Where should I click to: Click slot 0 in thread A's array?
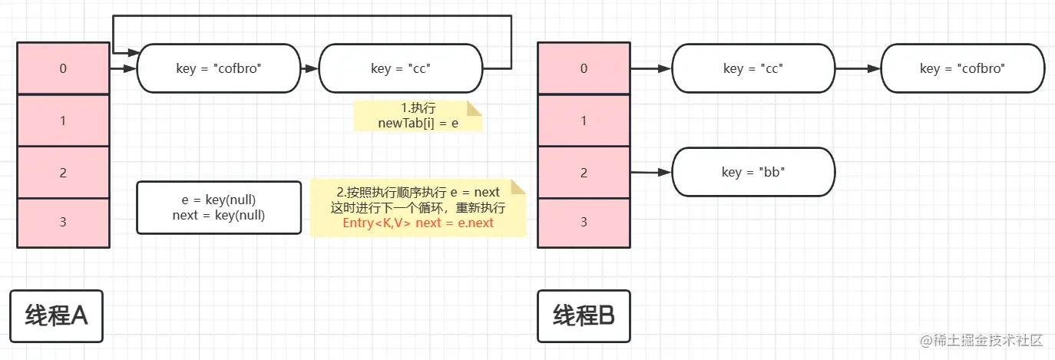[x=63, y=68]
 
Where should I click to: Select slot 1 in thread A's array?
[x=63, y=121]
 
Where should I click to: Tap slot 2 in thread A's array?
[x=63, y=172]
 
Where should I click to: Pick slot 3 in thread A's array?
[x=63, y=223]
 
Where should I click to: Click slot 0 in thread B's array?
[x=584, y=68]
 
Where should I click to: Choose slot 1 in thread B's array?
[x=584, y=121]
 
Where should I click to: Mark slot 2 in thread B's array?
[x=584, y=172]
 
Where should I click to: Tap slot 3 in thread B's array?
[x=584, y=223]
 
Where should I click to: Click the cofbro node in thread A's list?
[x=219, y=68]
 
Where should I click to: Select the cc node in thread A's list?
[x=401, y=68]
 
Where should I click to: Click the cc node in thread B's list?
[x=753, y=68]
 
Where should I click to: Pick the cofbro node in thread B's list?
[x=962, y=68]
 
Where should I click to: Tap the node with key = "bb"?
[x=753, y=172]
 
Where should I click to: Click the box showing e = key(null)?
[x=219, y=207]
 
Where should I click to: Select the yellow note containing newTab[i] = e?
[x=418, y=115]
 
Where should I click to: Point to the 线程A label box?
[x=57, y=315]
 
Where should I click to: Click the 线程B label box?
[x=584, y=315]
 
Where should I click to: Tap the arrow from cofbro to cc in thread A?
[x=309, y=68]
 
